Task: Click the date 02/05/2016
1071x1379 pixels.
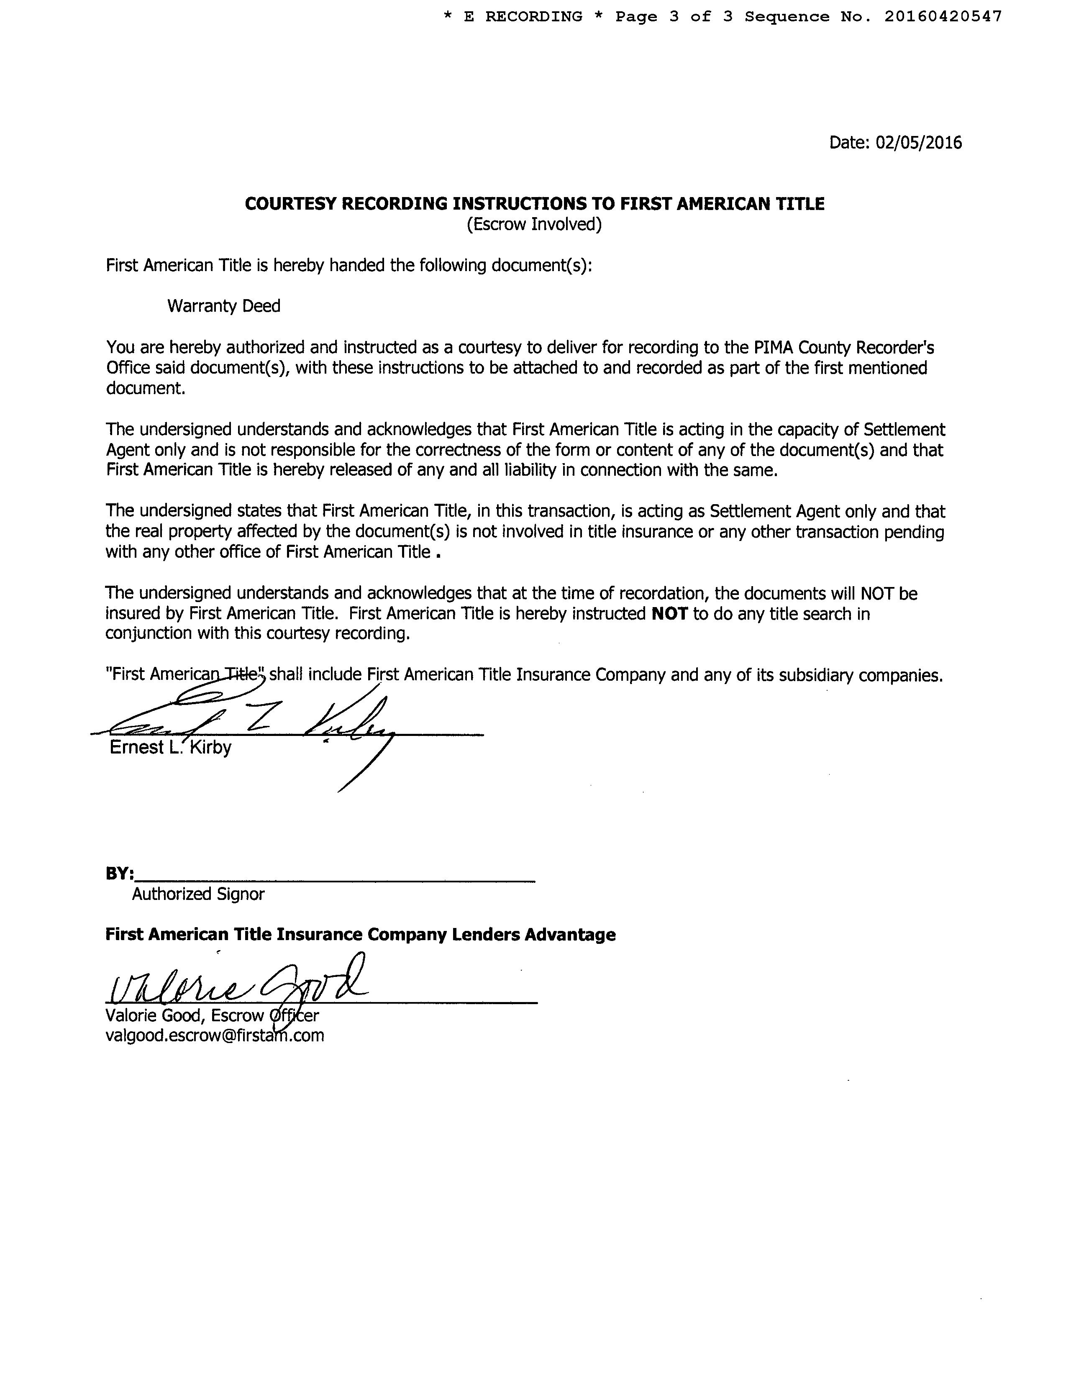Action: click(918, 143)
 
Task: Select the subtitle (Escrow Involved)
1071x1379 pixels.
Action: click(534, 224)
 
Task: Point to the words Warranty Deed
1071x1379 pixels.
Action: click(223, 306)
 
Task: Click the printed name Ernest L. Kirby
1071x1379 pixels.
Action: click(171, 748)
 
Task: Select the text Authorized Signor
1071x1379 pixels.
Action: click(197, 894)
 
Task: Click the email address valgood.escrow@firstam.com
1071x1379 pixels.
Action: click(215, 1036)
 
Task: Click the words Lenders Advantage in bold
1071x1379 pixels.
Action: click(533, 935)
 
